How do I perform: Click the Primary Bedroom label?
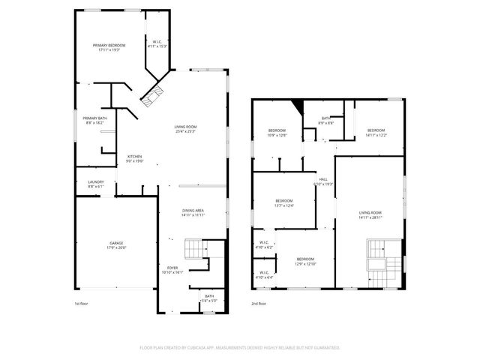coord(109,48)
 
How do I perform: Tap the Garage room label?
coord(116,245)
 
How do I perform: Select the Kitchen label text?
coord(134,158)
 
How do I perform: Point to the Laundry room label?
coord(95,183)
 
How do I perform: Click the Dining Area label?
coord(193,212)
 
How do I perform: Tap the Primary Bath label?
coord(94,120)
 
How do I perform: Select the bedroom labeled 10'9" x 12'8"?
coord(277,133)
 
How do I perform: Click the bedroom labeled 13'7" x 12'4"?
coord(283,202)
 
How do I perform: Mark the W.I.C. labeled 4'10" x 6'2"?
coord(264,244)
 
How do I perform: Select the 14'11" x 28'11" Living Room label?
coord(370,215)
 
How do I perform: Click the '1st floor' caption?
coord(82,304)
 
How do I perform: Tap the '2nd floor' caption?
coord(259,304)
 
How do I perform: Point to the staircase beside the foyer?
coord(195,249)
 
